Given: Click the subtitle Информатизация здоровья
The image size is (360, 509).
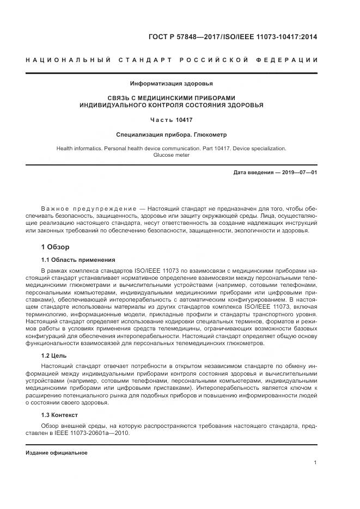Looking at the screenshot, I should [x=171, y=83].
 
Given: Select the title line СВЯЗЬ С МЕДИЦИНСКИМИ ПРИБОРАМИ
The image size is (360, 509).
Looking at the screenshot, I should [x=171, y=97].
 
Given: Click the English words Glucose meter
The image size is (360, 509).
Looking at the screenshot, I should [x=171, y=155].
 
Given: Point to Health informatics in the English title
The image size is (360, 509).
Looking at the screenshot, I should [x=80, y=148].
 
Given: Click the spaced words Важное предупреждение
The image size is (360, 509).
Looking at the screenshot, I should [x=88, y=209].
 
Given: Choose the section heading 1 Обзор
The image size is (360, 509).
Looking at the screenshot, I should [x=55, y=247].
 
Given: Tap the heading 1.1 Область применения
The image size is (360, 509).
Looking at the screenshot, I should [x=78, y=260].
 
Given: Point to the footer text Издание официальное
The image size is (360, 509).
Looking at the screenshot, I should [x=57, y=453].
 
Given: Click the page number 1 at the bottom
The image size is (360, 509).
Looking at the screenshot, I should [x=315, y=463].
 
